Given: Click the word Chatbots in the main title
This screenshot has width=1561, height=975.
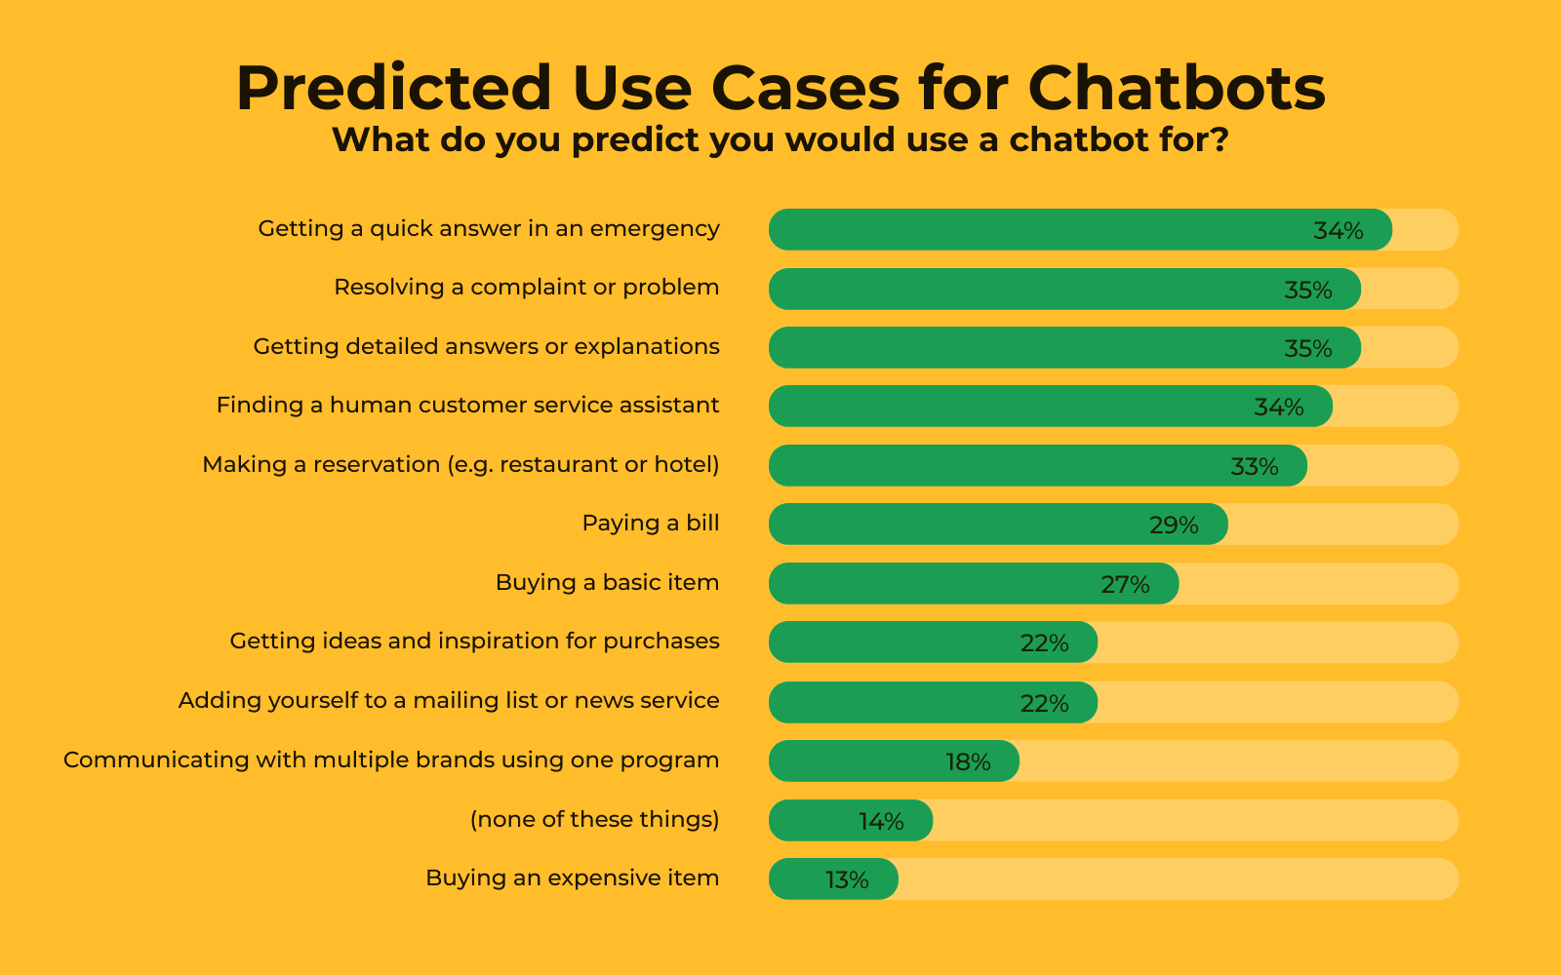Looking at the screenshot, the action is tap(1177, 88).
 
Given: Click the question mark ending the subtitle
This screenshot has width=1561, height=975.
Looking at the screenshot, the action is tap(1220, 139).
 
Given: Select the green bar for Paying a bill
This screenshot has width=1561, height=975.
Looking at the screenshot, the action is tap(998, 524).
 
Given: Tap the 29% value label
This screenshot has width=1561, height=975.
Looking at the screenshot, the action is tap(1174, 526).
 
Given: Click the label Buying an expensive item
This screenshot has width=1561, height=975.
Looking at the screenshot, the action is tap(572, 877).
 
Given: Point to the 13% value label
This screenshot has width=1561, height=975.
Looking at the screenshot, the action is tap(847, 880).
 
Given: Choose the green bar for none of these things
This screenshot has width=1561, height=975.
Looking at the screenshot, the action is tap(850, 820).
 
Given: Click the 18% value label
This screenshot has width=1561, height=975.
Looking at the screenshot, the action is tap(968, 762).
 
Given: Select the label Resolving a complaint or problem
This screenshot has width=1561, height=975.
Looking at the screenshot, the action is tap(526, 287).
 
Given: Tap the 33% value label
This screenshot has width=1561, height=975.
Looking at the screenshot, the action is tap(1255, 467).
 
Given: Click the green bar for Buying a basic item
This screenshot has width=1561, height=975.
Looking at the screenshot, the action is tap(974, 584).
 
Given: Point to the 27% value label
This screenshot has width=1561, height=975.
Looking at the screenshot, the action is tap(1125, 585).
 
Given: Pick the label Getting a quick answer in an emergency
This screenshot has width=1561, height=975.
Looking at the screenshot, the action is tap(489, 228).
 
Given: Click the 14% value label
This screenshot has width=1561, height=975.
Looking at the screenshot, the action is tap(881, 822).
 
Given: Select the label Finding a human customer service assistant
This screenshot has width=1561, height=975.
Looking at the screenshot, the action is tap(467, 405).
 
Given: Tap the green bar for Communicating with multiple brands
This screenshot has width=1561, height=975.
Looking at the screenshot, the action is tap(894, 761).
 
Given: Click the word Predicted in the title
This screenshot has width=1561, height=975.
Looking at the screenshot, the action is tap(394, 88).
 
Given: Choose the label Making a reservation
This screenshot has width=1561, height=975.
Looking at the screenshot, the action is tap(460, 464).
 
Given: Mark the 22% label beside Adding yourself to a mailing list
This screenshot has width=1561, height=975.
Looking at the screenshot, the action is tap(1044, 704).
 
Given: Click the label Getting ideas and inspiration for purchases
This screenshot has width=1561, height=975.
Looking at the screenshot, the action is tap(474, 641).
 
